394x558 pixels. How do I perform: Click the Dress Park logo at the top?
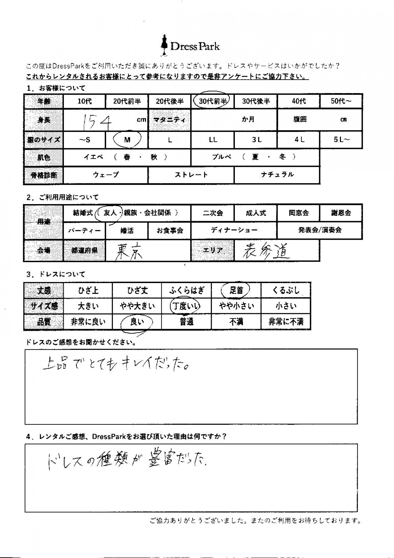(x=190, y=46)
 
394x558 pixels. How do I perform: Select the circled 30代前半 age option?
(x=212, y=101)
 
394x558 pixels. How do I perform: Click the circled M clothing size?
(x=127, y=140)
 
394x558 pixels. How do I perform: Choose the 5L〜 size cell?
(x=341, y=140)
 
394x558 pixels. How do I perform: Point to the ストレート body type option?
(x=191, y=175)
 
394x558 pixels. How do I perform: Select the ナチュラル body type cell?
(x=277, y=175)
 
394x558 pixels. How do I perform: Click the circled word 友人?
(x=110, y=213)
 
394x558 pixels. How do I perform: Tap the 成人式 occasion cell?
(x=256, y=213)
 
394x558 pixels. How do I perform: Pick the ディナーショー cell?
(x=234, y=230)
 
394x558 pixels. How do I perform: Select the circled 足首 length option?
(x=236, y=290)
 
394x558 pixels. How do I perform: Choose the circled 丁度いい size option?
(x=185, y=306)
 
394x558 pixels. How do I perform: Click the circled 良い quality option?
(x=137, y=322)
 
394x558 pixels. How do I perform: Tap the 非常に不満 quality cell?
(x=286, y=322)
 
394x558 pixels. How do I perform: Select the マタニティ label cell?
(x=169, y=120)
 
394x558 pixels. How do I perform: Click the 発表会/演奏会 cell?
(x=320, y=230)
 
